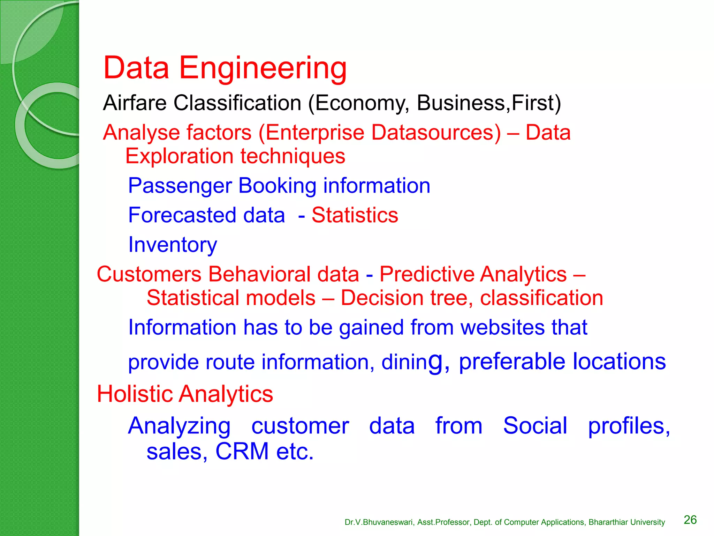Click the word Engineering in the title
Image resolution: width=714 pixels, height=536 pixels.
pyautogui.click(x=263, y=68)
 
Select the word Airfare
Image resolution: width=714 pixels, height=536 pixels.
pyautogui.click(x=135, y=103)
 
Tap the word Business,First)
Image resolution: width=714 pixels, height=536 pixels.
pyautogui.click(x=489, y=103)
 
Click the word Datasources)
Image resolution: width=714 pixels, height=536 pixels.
pyautogui.click(x=436, y=133)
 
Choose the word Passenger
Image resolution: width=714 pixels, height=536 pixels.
pyautogui.click(x=180, y=186)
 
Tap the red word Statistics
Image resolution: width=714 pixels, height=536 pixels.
pyautogui.click(x=355, y=215)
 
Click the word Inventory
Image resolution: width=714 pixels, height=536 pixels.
pyautogui.click(x=173, y=245)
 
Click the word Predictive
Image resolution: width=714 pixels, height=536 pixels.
pyautogui.click(x=426, y=274)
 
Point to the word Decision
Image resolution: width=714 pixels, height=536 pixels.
pyautogui.click(x=382, y=298)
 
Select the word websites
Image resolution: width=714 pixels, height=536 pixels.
pyautogui.click(x=502, y=327)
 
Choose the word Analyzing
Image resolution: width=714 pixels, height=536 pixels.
pyautogui.click(x=179, y=426)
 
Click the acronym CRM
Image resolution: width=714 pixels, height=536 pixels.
pyautogui.click(x=242, y=451)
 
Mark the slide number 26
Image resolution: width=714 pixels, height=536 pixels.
pyautogui.click(x=690, y=520)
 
